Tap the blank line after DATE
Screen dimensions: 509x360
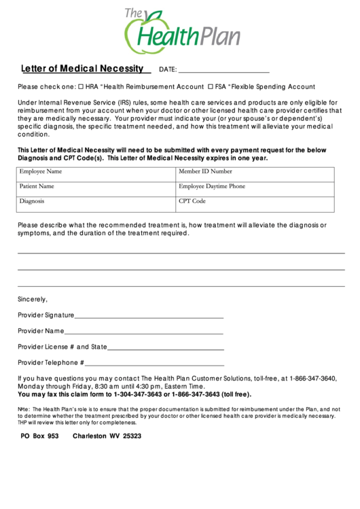(x=223, y=70)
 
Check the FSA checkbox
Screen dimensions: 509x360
(x=211, y=87)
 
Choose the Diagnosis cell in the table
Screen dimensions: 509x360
(x=96, y=204)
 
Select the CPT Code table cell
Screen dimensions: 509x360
(x=255, y=204)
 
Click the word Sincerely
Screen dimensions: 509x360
(x=33, y=299)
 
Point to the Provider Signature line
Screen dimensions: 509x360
(x=149, y=316)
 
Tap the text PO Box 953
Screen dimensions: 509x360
(x=40, y=436)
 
